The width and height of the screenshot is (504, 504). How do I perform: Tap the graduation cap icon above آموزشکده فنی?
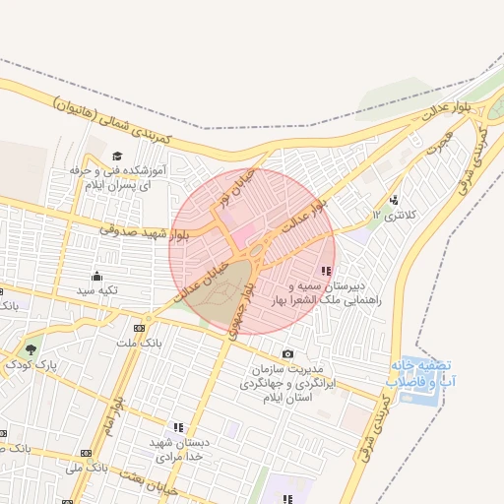coord(118,156)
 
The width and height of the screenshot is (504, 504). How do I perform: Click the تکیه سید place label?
coord(97,291)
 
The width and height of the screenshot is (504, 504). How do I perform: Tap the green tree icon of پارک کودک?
coord(31,349)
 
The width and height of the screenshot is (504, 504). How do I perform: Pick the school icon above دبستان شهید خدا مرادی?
coord(178,427)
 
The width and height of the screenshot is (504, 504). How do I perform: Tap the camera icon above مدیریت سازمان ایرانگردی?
coord(287,353)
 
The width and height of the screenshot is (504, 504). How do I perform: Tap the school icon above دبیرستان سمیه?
coord(326,271)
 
